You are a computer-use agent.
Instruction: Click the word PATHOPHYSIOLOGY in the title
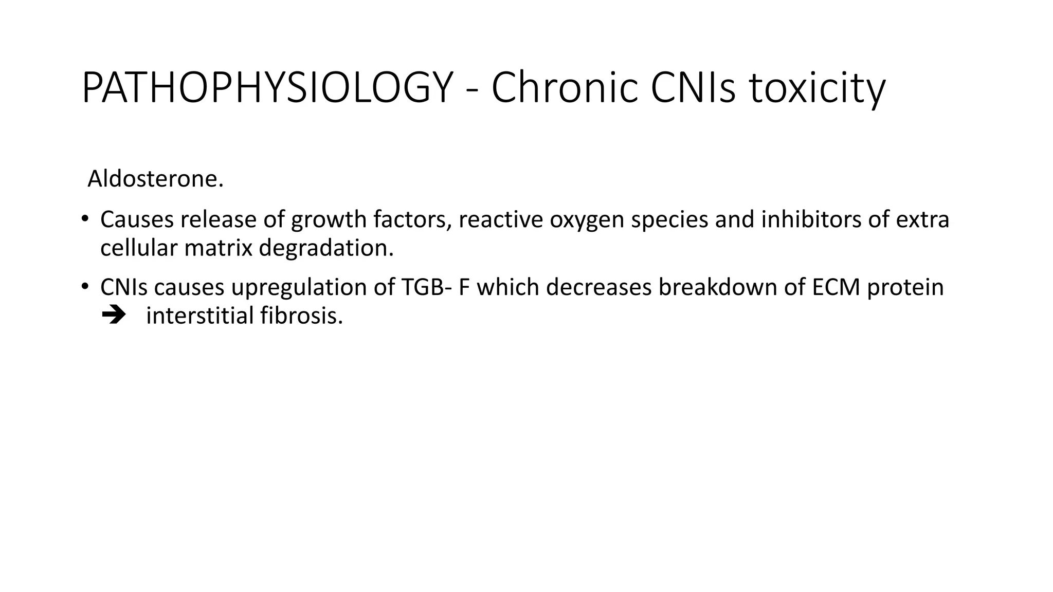[x=267, y=88]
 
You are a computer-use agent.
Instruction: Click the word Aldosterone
[x=155, y=179]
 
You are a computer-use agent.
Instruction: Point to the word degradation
[x=326, y=248]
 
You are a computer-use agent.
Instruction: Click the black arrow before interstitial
[x=114, y=315]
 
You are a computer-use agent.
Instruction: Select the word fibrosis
[x=301, y=315]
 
